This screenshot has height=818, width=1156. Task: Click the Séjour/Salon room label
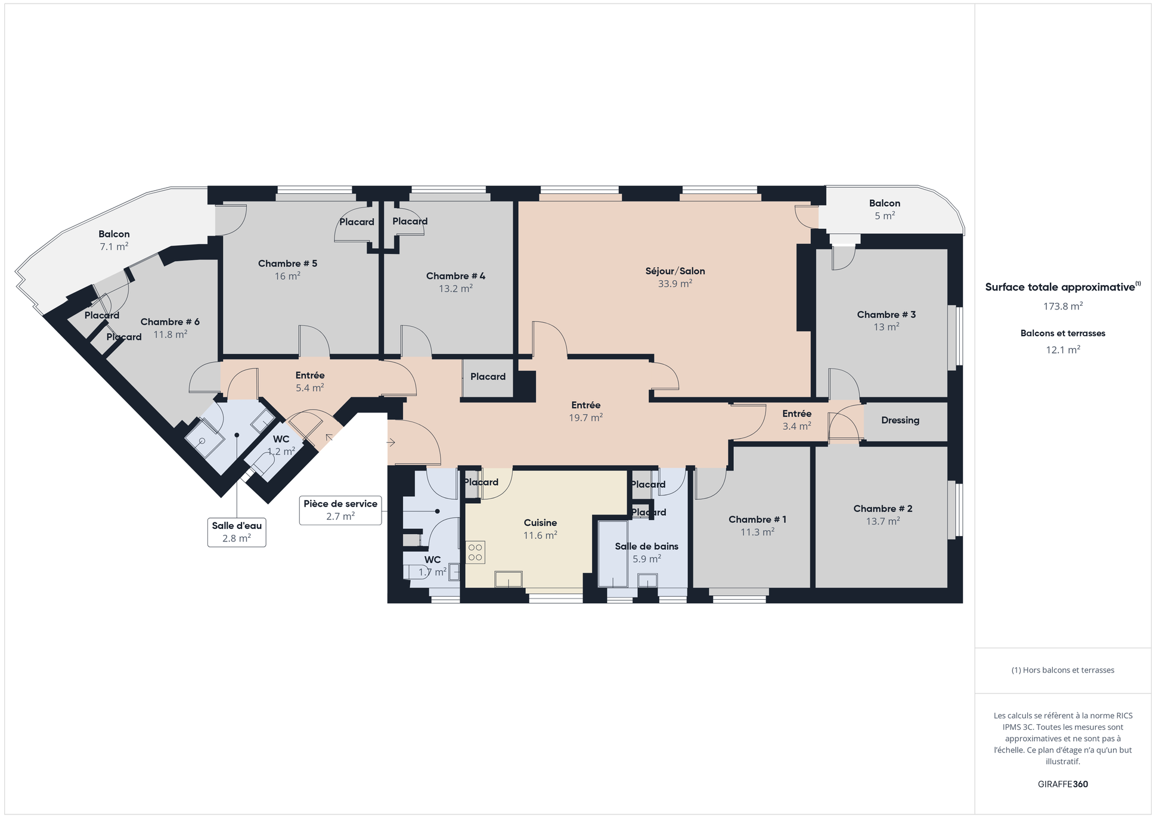[x=675, y=271]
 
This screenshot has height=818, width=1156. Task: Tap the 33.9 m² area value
[x=675, y=284]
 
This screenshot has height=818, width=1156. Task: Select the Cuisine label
[x=540, y=523]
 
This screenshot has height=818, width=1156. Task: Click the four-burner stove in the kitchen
[x=475, y=552]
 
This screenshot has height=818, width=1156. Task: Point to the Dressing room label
[x=900, y=420]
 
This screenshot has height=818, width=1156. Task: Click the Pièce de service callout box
[x=340, y=510]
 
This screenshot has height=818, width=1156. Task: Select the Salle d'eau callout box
[x=237, y=532]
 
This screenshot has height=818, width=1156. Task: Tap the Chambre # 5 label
[x=287, y=264]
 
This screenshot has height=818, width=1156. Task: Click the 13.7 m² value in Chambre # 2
[x=882, y=521]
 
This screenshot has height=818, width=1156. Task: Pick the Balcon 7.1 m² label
[x=114, y=240]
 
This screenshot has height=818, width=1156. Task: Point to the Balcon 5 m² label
[x=884, y=209]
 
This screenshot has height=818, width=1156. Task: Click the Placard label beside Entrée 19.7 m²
[x=488, y=377]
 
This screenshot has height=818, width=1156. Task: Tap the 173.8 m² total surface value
[x=1062, y=306]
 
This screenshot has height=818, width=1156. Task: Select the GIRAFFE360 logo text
[x=1062, y=784]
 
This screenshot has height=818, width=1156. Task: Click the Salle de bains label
[x=646, y=546]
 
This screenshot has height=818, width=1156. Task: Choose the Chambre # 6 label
[x=170, y=322]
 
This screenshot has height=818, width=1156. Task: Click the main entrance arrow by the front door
[x=391, y=442]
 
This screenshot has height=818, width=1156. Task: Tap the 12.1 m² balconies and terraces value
[x=1062, y=350]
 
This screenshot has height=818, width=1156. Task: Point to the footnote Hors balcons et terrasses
[x=1062, y=670]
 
